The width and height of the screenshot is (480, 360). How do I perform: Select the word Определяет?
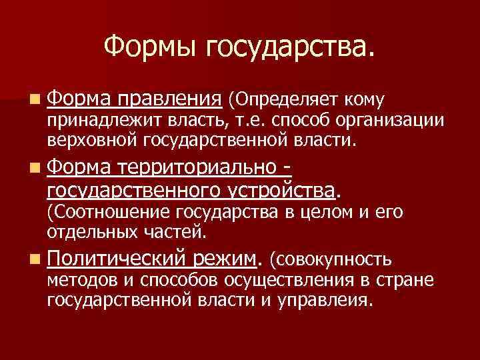(x=284, y=101)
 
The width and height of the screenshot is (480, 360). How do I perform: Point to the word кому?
(x=363, y=101)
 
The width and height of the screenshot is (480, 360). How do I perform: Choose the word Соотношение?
(x=108, y=213)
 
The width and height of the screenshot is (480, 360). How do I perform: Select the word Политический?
(x=115, y=257)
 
